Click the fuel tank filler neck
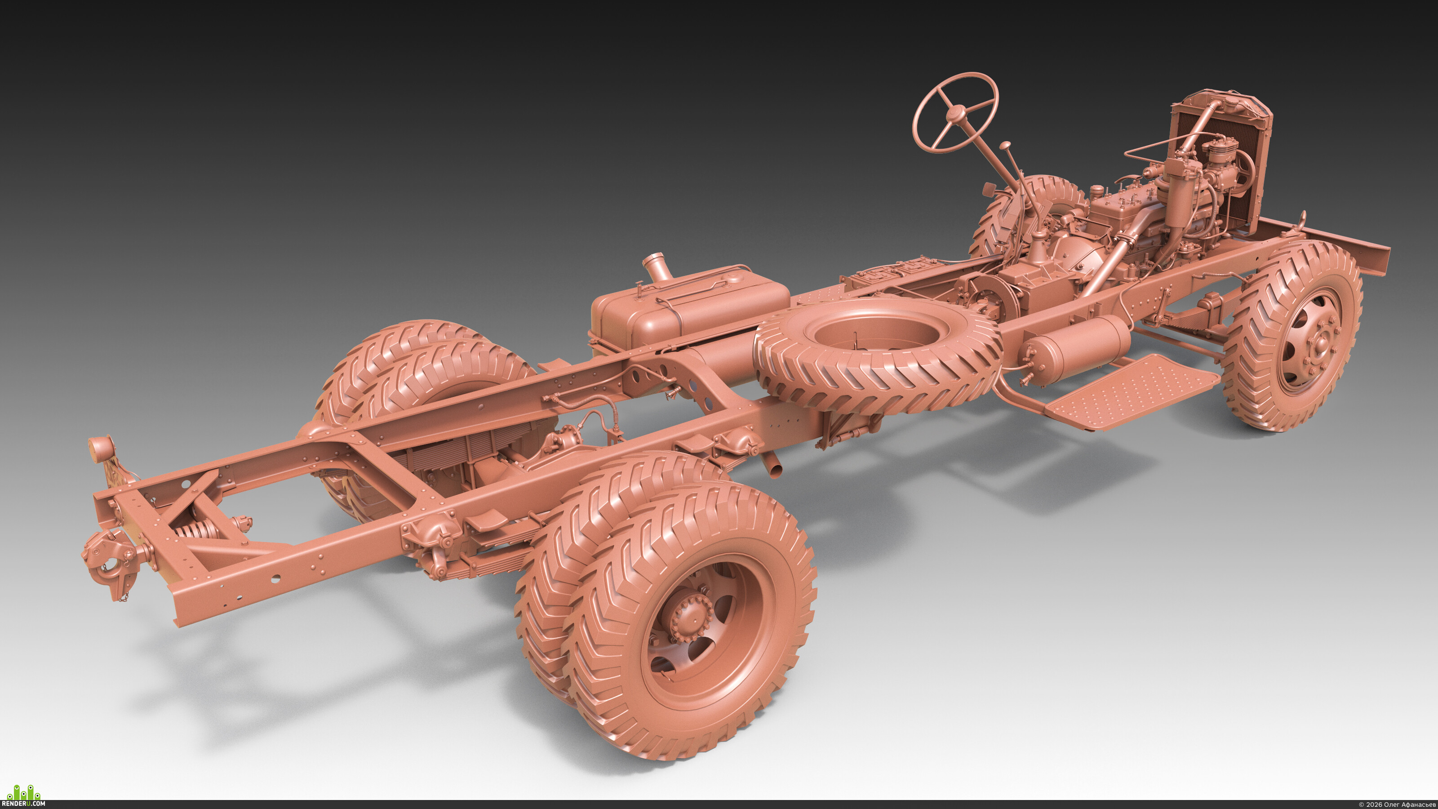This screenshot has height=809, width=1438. tap(657, 267)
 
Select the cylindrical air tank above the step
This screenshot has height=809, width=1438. tap(1074, 346)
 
